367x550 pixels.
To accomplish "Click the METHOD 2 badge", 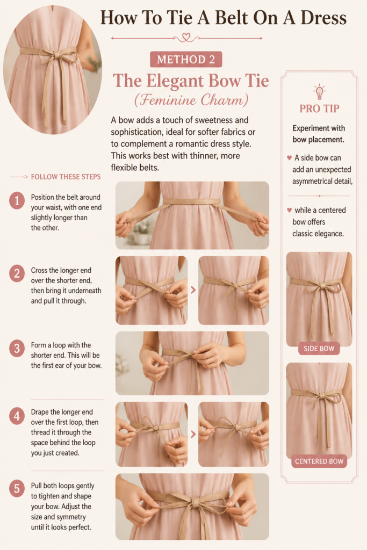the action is coord(186,59).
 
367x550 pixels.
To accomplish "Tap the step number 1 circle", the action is coord(17,201).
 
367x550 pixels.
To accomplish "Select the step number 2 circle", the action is coord(17,273).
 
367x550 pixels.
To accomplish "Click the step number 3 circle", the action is coord(17,349).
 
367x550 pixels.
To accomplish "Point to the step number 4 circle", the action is coord(17,416).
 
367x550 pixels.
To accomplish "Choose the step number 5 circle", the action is coord(17,489).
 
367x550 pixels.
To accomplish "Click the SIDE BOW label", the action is coord(319,348).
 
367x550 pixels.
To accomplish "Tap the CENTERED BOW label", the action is coord(319,461).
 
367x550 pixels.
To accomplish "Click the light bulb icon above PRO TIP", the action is coord(319,92).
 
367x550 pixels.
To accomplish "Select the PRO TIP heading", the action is coord(319,108).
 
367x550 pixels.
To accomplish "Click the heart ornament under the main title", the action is coord(186,37).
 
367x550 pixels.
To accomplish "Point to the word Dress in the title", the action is coord(323,18).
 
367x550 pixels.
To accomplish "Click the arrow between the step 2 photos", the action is coord(193,290).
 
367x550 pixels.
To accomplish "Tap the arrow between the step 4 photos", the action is coord(193,434).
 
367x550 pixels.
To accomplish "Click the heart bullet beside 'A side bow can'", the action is coord(290,158).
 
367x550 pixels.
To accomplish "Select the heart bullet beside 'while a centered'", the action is coord(290,210).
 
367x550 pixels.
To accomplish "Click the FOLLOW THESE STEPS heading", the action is coord(66,177).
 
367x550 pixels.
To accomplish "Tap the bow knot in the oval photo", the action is coord(55,55).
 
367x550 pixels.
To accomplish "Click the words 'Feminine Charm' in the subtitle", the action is coord(191,100).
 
